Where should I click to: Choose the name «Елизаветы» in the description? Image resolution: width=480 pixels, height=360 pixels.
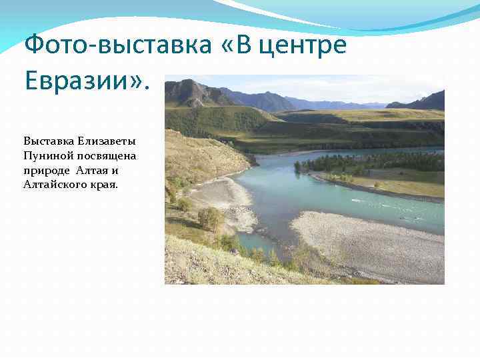[x=107, y=141]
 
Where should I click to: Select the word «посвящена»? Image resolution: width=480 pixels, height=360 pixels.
[x=107, y=155]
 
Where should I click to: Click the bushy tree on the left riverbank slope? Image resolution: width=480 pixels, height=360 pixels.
[x=211, y=217]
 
